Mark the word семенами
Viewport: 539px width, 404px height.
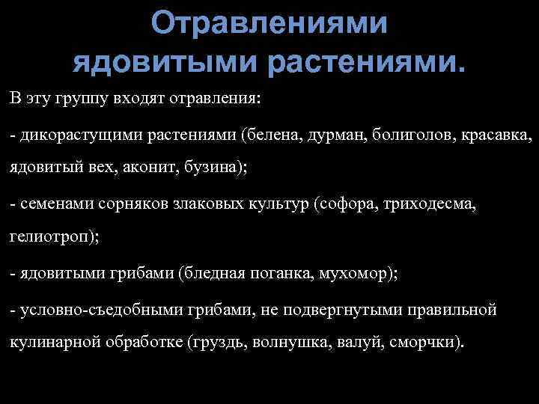(49, 204)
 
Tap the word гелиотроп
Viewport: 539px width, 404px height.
(46, 238)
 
